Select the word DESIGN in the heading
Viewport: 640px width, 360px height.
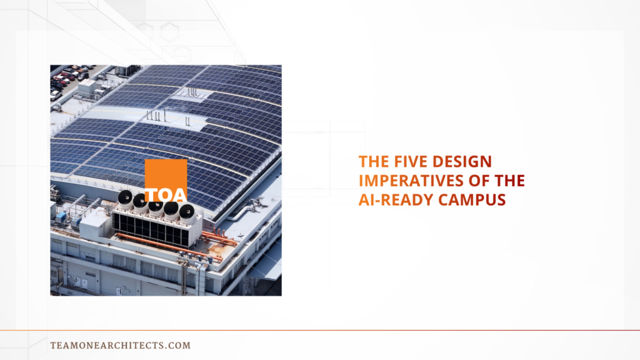(x=462, y=162)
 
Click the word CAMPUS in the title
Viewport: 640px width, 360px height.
(x=472, y=200)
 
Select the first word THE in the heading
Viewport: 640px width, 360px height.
(x=374, y=162)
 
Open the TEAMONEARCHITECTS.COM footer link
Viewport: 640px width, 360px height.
(x=121, y=345)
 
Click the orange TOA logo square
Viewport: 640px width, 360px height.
(x=166, y=180)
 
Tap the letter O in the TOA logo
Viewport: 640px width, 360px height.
(x=166, y=195)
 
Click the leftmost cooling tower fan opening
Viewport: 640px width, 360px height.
(x=125, y=197)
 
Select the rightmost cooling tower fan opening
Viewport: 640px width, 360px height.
(x=187, y=212)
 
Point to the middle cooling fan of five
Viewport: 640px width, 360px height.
(x=156, y=205)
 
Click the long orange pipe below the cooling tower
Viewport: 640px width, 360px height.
(x=169, y=247)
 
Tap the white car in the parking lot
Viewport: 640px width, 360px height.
(x=55, y=96)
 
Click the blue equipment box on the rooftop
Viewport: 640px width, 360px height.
(x=61, y=216)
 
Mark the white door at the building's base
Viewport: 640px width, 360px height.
(x=84, y=283)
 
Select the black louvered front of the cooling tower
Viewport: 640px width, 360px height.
(x=151, y=229)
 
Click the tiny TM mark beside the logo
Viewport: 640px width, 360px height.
(x=191, y=162)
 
